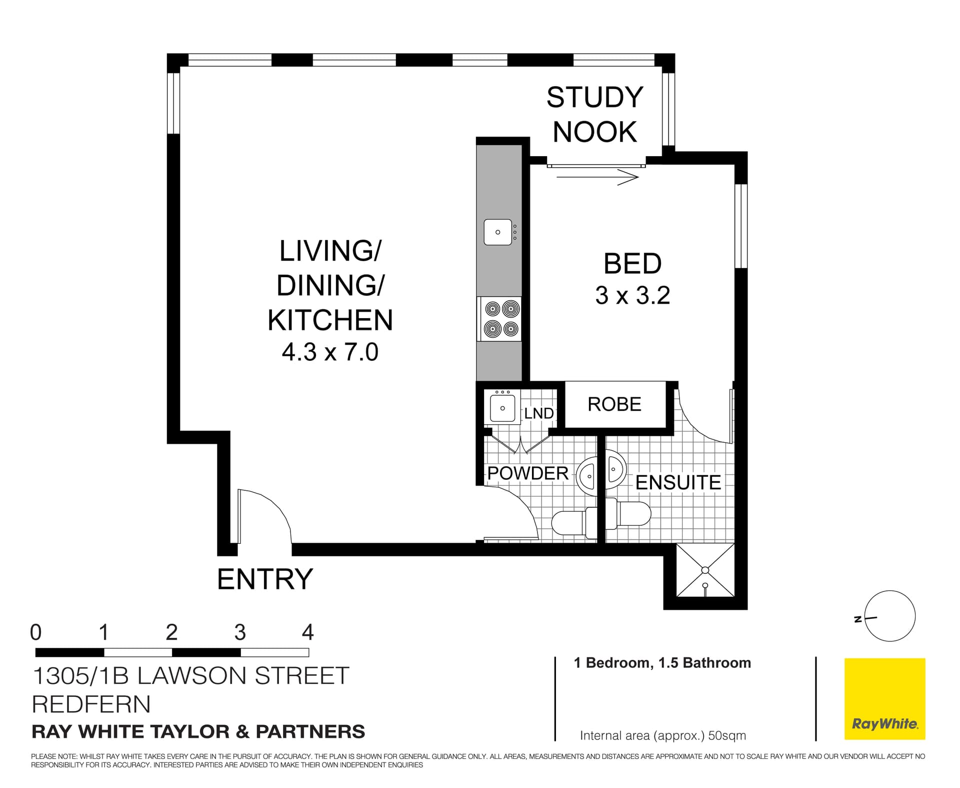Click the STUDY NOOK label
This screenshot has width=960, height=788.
coord(594,115)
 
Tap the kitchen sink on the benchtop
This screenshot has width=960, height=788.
coord(498,232)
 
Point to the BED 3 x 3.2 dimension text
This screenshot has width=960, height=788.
coord(632,295)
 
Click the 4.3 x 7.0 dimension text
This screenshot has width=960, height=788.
coord(330,352)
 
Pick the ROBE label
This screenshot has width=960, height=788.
coord(614,404)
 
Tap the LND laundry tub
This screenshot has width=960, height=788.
coord(502,408)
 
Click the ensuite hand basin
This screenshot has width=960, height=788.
coord(615,470)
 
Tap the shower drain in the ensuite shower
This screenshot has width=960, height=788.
coord(705,570)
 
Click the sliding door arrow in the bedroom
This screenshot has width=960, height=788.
coord(597,177)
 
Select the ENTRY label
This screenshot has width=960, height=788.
coord(265,579)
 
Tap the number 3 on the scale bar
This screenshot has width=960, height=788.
coord(240,633)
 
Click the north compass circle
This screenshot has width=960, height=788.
coord(890,616)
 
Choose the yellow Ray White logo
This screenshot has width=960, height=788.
coord(884,698)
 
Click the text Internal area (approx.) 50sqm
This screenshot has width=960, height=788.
coord(662,735)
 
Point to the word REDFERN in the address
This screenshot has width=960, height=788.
coord(91,704)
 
